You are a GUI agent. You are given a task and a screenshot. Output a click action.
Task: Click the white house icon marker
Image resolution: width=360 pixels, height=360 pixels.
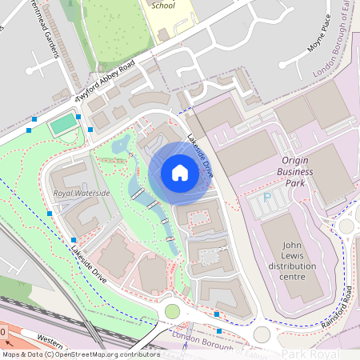pos(180,173)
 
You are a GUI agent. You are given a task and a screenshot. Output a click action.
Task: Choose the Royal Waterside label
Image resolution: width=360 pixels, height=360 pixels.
pos(82,194)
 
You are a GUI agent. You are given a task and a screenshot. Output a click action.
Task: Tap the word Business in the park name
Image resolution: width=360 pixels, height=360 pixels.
pos(294,171)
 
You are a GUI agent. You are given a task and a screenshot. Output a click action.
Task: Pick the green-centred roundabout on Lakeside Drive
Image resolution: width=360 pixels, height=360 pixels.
pos(172,310)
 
